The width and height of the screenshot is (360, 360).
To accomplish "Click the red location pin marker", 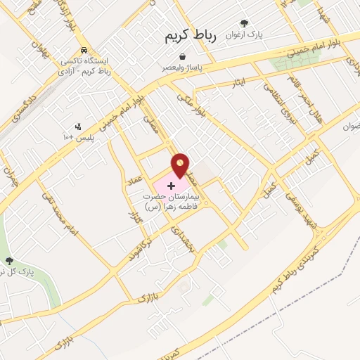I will (181, 165).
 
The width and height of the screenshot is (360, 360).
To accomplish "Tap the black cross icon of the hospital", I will (172, 185).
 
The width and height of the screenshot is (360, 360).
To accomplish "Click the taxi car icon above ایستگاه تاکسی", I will (84, 51).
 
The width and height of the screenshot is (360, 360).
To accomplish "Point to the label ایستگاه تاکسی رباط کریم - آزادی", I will (84, 67).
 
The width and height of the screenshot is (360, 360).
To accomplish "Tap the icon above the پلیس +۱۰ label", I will (78, 127).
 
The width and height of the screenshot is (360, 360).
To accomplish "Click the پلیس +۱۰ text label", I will (78, 137).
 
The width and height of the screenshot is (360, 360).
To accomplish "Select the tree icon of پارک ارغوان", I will (244, 23).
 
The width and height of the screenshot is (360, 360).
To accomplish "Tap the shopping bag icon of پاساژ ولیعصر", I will (183, 56).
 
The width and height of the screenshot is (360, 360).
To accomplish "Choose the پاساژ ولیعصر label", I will (183, 67).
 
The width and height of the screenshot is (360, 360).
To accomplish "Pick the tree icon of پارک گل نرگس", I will (8, 261).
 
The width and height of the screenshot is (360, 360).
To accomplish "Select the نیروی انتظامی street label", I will (276, 103).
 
